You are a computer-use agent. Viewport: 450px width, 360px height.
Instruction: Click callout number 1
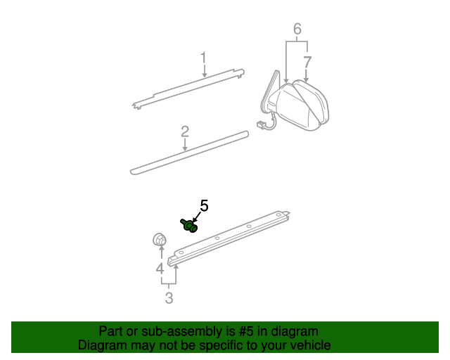tap(203, 58)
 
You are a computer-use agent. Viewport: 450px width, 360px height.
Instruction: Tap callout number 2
tap(185, 131)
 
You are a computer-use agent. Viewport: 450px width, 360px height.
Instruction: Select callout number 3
tap(169, 298)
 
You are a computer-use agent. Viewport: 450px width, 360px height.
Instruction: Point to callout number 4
tap(160, 268)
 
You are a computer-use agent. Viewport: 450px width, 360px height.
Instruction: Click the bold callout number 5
tap(205, 205)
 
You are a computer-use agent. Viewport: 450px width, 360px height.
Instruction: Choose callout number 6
tap(297, 29)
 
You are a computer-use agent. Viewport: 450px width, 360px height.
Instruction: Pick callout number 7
tap(307, 62)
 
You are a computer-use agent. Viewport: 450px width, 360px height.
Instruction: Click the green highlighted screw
tap(189, 225)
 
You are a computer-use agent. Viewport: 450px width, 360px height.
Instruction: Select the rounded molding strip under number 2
tap(190, 150)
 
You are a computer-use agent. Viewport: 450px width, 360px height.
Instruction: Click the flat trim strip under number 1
tap(190, 88)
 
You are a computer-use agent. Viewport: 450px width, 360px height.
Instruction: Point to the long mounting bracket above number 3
tap(232, 236)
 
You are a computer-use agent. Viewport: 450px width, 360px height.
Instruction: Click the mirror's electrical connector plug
tap(263, 127)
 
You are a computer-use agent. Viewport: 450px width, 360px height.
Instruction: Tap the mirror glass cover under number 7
tap(313, 105)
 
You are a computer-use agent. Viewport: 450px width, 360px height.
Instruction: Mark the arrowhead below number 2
tap(185, 148)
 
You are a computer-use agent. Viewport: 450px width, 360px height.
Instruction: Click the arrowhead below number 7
tap(307, 80)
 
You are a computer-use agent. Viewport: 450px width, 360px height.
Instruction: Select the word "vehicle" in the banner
tap(307, 345)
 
